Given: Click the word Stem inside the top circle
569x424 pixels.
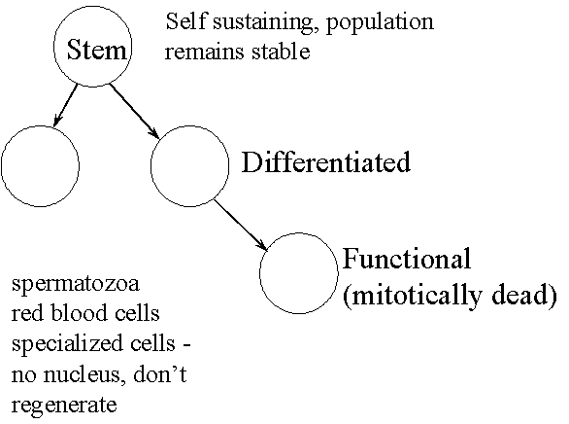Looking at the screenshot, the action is click(x=96, y=50).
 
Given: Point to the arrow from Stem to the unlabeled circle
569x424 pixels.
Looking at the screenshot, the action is click(x=65, y=106).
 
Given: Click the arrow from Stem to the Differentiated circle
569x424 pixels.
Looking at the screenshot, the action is click(x=134, y=111).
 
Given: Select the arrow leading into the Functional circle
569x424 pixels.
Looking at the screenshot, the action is click(x=241, y=225).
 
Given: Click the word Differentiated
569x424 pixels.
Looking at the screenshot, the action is click(x=326, y=162).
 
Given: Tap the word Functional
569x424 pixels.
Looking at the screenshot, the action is click(x=407, y=259).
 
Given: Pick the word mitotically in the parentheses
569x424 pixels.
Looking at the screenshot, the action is click(x=413, y=296).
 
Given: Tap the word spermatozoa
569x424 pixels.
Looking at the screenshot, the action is click(x=76, y=284).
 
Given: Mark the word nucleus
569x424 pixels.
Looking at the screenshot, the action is click(x=84, y=374).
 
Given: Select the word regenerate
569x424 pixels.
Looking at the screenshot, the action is click(x=64, y=406).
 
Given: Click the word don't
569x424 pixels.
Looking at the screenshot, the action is click(x=160, y=373).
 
